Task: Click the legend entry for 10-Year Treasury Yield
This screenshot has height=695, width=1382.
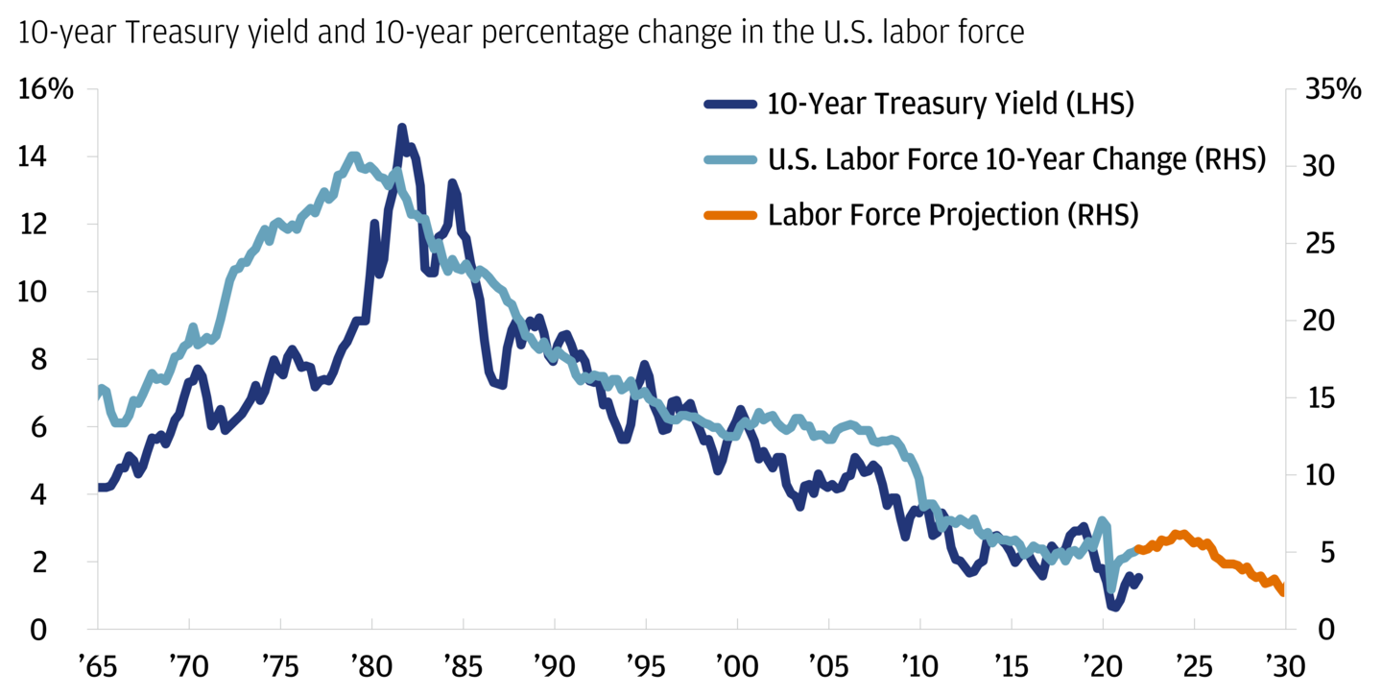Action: pyautogui.click(x=950, y=105)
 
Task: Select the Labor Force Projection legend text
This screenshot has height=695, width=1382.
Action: pyautogui.click(x=952, y=214)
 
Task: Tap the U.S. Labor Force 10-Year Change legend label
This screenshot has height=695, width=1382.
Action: pyautogui.click(x=1016, y=159)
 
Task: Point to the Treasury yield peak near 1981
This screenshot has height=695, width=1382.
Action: pyautogui.click(x=401, y=128)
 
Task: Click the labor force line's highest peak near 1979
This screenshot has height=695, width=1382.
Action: pyautogui.click(x=353, y=156)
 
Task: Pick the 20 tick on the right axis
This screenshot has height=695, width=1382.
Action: pyautogui.click(x=1321, y=321)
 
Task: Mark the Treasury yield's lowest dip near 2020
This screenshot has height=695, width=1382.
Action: pyautogui.click(x=1114, y=607)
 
